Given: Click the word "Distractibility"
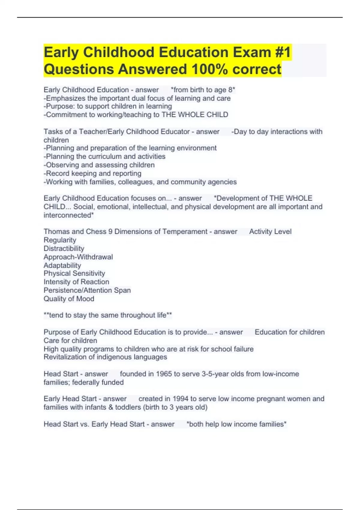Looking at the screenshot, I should click(64, 248).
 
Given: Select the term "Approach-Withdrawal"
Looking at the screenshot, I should click(78, 257).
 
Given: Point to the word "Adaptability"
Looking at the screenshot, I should click(62, 265).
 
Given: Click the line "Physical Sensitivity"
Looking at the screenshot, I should click(74, 273).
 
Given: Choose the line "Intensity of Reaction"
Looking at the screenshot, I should click(76, 282).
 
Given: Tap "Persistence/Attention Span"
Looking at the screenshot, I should click(87, 290).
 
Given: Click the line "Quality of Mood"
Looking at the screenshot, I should click(69, 298).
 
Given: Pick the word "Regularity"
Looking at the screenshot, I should click(60, 240).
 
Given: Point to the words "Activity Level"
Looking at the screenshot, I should click(270, 232).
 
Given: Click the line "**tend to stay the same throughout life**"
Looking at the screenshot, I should click(108, 315).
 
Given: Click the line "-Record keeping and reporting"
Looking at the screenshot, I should click(92, 173).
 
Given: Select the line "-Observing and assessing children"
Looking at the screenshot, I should click(99, 165).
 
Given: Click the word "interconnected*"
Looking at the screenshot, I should click(69, 215).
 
